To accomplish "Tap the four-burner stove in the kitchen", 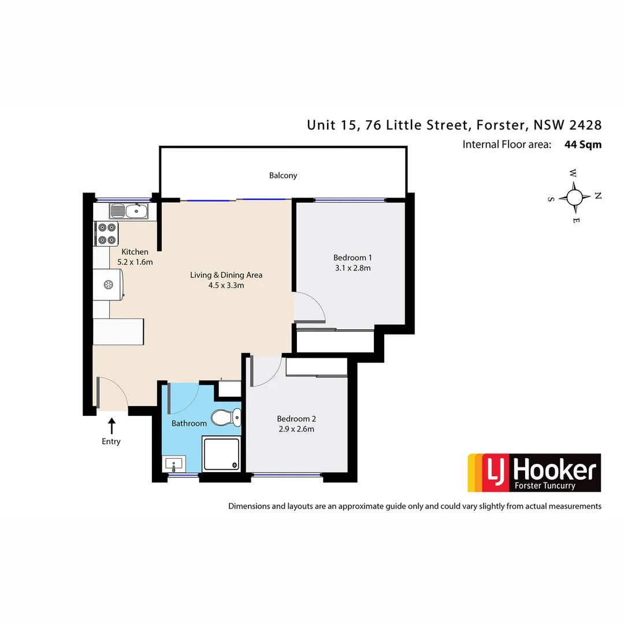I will pos(107,233).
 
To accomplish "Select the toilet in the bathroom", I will pos(225,416).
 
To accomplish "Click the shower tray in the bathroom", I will pos(221,454).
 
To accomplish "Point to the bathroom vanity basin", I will pos(174,463).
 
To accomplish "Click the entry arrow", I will pos(112,426).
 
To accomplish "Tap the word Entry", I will pos(111,441).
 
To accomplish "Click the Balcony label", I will pos(283,175).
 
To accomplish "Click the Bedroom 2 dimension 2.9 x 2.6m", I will pos(295,429).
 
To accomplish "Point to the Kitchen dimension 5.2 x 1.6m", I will pos(135,262).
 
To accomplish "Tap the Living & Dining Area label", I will pos(226,275).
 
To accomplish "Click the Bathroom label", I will pos(189,424).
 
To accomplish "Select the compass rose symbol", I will pos(574,197).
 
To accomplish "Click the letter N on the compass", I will pos(597,196).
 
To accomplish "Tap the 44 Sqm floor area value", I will pos(582,144).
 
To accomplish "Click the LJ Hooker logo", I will pos(534,473).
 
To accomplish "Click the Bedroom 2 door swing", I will pos(266,371).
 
